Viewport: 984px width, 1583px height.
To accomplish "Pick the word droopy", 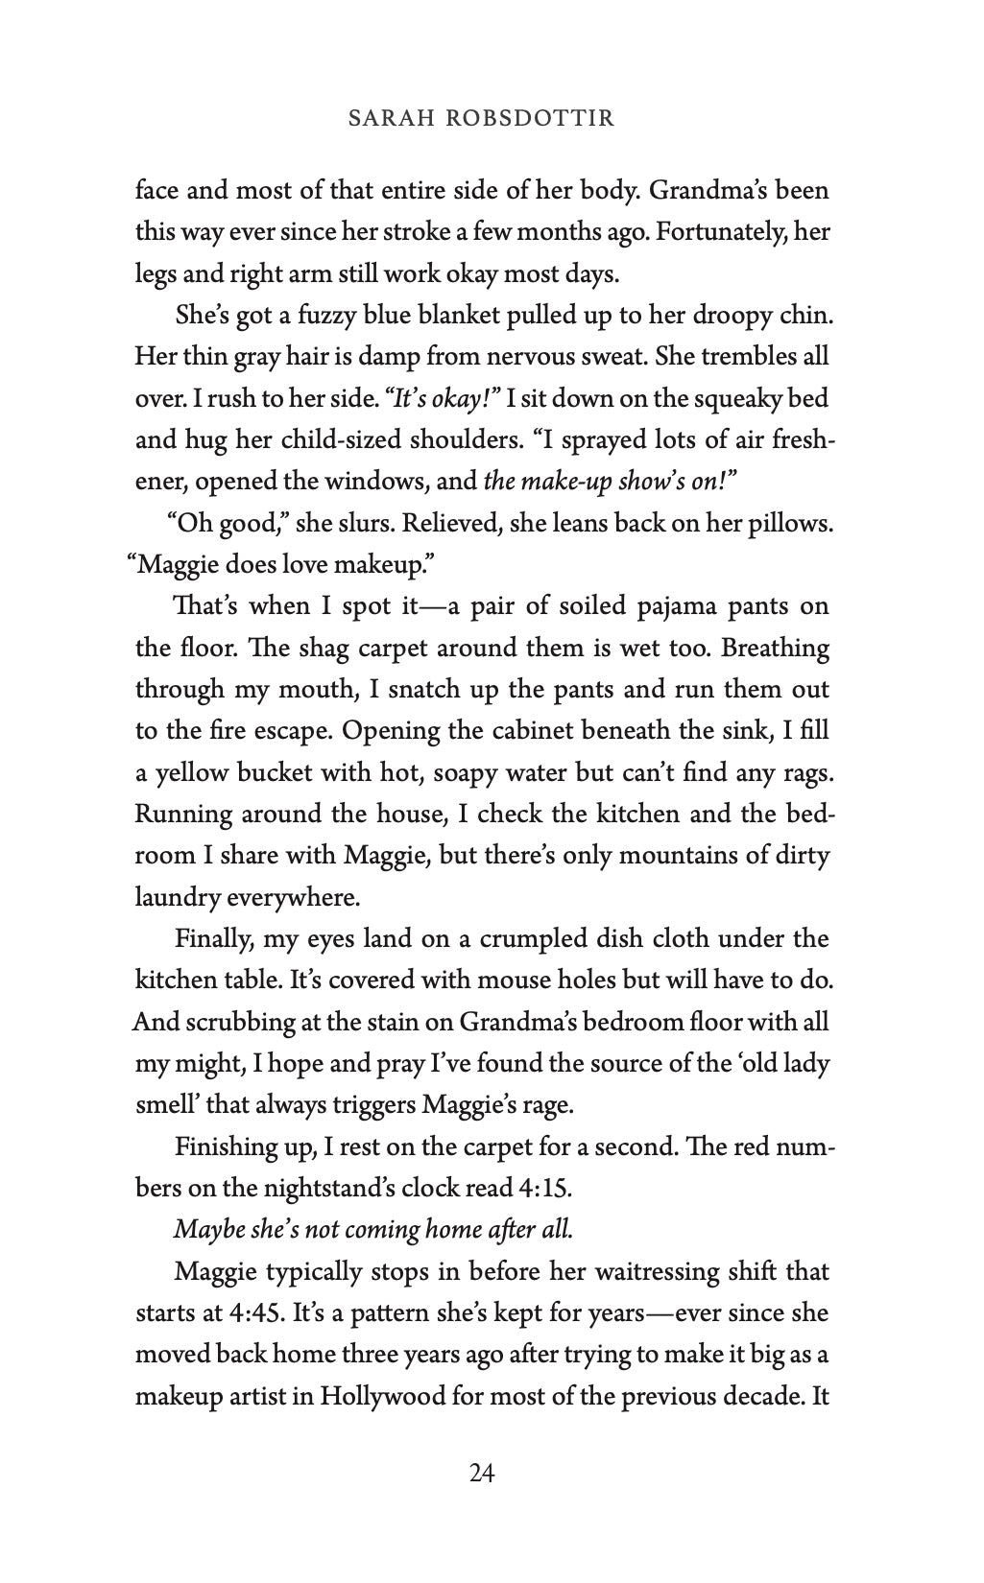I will [736, 316].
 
